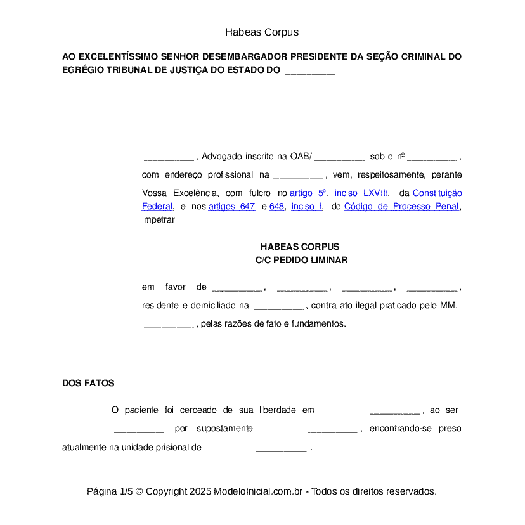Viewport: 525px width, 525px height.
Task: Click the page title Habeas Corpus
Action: tap(261, 32)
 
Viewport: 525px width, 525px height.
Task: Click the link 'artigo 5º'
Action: tap(308, 193)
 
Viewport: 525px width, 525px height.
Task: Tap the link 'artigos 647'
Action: tap(231, 206)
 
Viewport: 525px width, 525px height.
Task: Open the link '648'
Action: tap(276, 206)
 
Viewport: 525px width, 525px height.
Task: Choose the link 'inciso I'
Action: tap(307, 206)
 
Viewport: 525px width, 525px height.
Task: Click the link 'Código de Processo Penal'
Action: tap(401, 206)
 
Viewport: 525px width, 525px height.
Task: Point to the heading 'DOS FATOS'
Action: tap(88, 383)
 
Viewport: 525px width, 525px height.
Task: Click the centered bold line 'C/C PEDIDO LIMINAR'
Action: tap(301, 260)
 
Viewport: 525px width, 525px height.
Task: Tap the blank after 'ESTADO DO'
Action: tap(309, 72)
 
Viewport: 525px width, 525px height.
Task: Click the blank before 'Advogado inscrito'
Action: tap(169, 157)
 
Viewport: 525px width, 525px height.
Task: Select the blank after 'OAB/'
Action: tap(339, 157)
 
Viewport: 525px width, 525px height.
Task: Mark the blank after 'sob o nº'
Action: tap(432, 157)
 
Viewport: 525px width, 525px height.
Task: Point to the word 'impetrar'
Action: tap(158, 220)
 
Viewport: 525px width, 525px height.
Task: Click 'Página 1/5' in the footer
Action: tap(110, 491)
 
